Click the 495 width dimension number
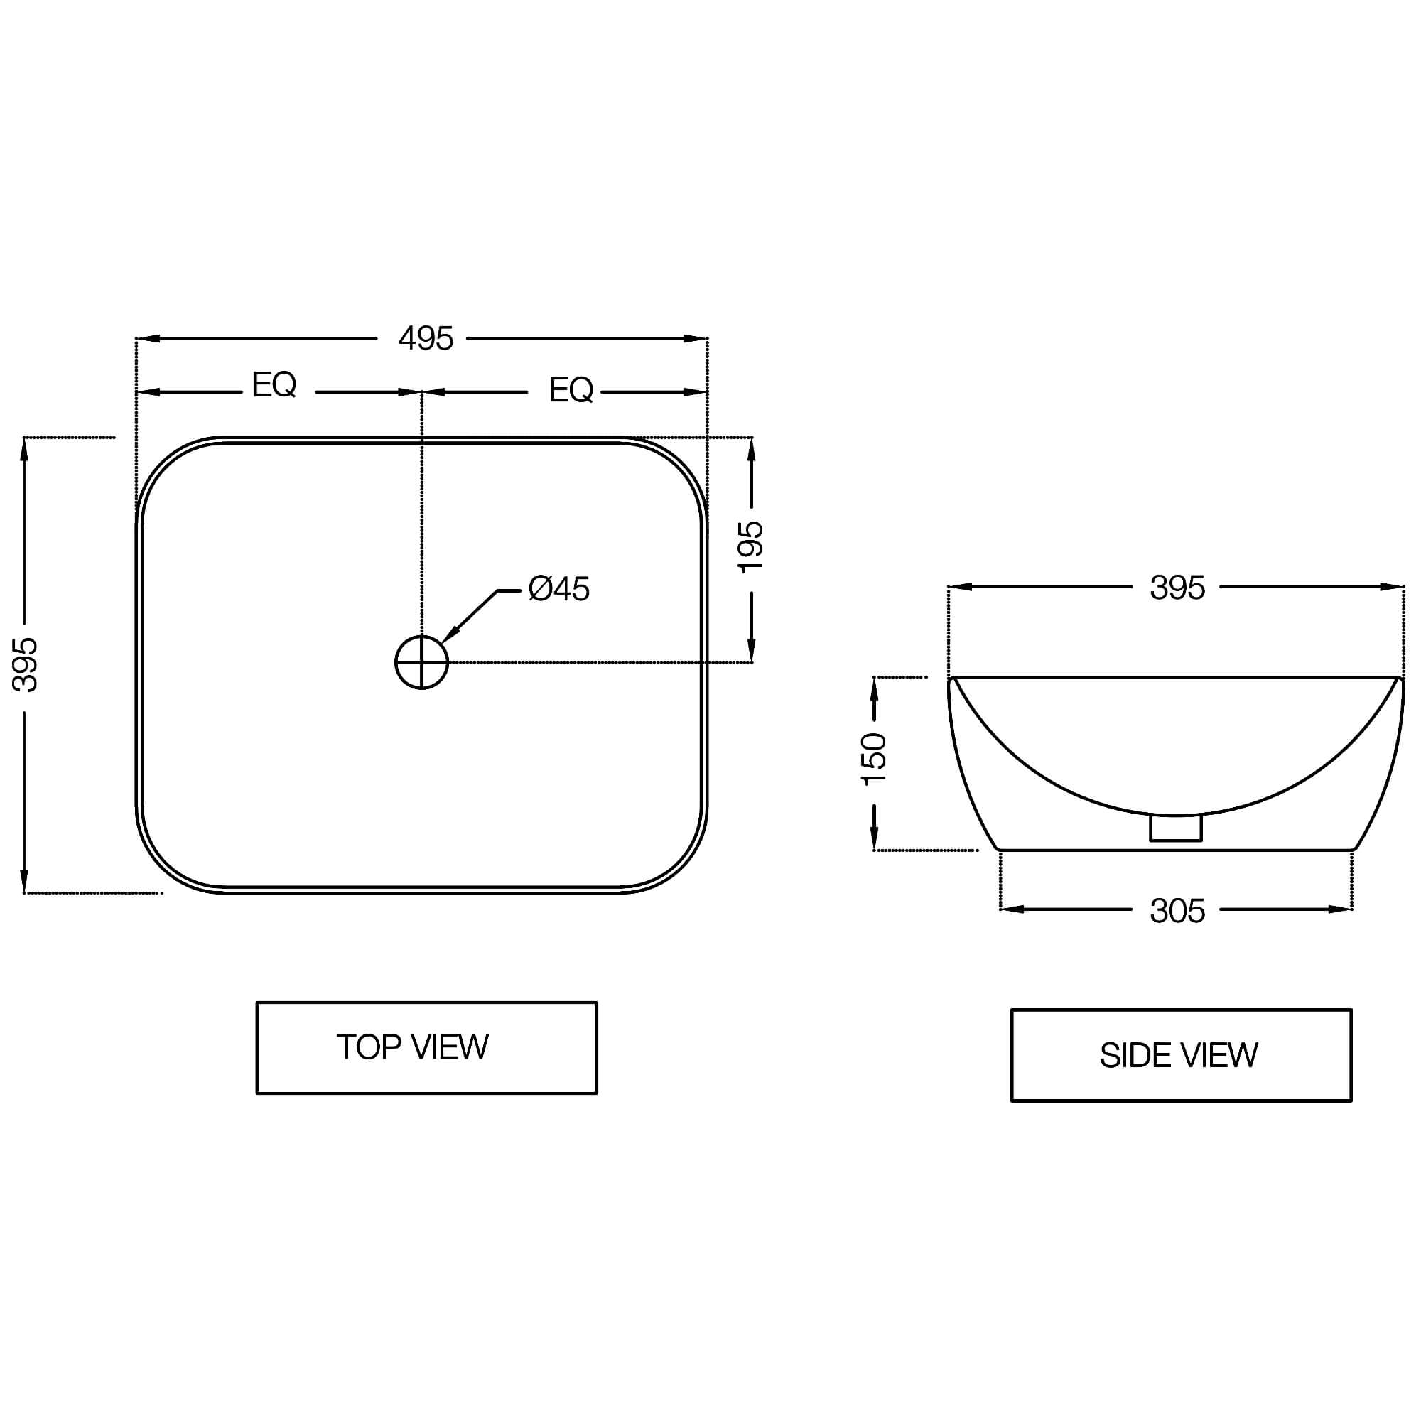pyautogui.click(x=426, y=339)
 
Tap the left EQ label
pyautogui.click(x=274, y=384)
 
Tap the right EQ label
pyautogui.click(x=571, y=390)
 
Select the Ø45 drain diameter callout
pyautogui.click(x=559, y=589)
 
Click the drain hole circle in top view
pyautogui.click(x=421, y=663)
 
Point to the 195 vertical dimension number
pyautogui.click(x=751, y=546)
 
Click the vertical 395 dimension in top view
pyautogui.click(x=25, y=664)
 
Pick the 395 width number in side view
pyautogui.click(x=1177, y=588)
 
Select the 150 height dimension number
pyautogui.click(x=875, y=759)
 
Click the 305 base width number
pyautogui.click(x=1177, y=912)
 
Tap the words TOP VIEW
pyautogui.click(x=413, y=1047)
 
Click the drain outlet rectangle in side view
pyautogui.click(x=1175, y=828)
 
